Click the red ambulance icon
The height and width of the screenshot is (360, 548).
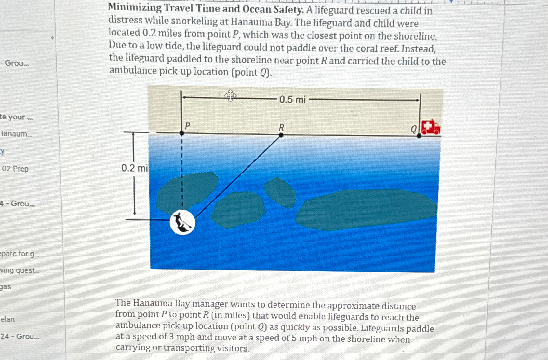point(430,127)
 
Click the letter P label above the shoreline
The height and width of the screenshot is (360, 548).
point(187,125)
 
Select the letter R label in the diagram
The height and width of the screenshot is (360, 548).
point(281,127)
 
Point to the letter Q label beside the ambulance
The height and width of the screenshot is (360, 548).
point(413,129)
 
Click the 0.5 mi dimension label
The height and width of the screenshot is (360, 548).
point(292,99)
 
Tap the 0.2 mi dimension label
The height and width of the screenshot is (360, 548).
point(134,168)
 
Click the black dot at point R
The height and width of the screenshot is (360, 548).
point(281,135)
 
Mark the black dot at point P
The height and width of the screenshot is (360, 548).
point(182,133)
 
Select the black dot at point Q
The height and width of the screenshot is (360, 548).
point(419,136)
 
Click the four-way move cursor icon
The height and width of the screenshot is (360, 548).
point(230,96)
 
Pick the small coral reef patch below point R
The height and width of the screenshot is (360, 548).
point(280,192)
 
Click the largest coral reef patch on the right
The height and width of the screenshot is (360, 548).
point(366,209)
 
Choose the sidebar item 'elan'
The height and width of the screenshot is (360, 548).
point(8,319)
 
